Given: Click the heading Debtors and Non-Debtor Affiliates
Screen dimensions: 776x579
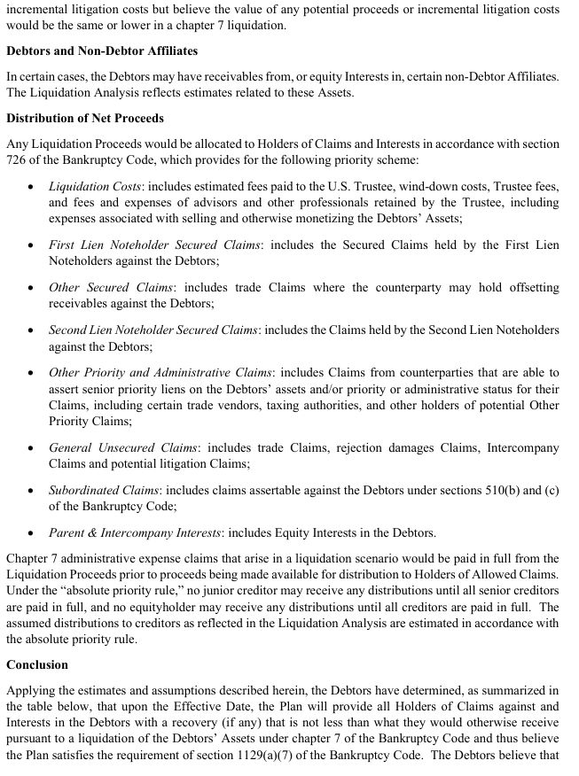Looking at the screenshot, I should pos(102,51).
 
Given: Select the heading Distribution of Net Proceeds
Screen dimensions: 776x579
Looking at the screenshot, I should pos(85,119).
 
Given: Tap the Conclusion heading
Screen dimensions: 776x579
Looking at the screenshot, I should pos(37,663).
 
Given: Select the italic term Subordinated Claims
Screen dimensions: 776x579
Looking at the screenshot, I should pos(103,490).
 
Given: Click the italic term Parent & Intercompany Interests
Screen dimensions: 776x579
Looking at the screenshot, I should pos(136,532).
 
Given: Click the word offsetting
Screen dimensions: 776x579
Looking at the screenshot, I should pos(528,288).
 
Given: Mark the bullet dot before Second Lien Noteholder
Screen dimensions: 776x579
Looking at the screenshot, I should pos(32,330).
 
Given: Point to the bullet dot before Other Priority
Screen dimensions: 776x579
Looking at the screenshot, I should pos(32,373).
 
